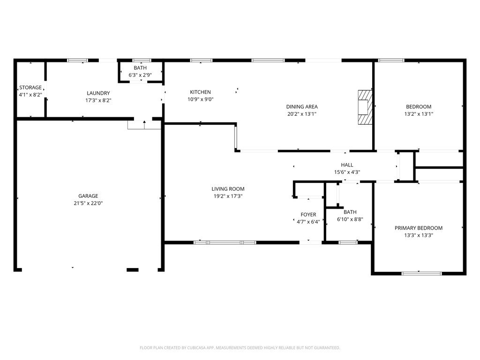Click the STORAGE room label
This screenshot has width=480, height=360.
(30, 88)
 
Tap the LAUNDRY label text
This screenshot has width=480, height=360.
(98, 93)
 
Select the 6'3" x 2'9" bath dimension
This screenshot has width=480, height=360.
(140, 75)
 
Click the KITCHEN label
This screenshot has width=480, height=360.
(201, 92)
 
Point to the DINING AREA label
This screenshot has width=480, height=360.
(302, 106)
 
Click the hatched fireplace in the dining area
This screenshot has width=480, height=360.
(365, 107)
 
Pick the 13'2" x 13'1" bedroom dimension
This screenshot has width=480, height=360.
(419, 114)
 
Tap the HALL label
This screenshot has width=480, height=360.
(347, 165)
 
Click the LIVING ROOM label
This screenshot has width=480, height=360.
(228, 189)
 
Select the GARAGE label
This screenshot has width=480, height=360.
(88, 196)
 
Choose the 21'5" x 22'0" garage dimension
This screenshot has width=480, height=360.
(88, 203)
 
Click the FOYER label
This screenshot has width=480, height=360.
(308, 215)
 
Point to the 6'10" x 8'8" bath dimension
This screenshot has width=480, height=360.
(350, 219)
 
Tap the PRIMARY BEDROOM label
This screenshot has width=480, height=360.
(419, 228)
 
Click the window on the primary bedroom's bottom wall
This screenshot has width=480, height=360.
(421, 273)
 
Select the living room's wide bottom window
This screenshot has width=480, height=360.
(225, 242)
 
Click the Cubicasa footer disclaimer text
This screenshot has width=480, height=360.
(240, 348)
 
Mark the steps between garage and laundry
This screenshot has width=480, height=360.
(144, 125)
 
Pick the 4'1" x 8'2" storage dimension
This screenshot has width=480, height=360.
(30, 95)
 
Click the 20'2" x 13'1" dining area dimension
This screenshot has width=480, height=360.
(302, 114)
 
